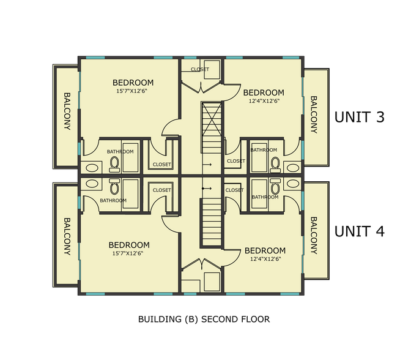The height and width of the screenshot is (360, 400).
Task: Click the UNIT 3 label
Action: (359, 117)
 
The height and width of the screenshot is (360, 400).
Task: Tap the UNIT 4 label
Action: (359, 231)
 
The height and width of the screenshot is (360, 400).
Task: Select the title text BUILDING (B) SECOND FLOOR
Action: (204, 320)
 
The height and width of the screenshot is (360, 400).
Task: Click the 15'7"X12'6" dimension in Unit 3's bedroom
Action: (132, 91)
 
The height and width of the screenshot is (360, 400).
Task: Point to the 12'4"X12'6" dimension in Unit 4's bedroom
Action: (265, 259)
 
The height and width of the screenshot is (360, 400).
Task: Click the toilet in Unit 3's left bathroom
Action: (114, 165)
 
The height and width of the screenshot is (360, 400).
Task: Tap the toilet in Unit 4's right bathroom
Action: (275, 186)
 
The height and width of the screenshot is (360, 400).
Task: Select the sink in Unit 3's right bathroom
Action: (293, 168)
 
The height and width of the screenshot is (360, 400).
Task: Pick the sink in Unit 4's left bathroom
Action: (92, 184)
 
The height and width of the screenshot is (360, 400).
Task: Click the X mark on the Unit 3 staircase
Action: (212, 128)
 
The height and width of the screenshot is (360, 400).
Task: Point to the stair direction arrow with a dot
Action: (207, 189)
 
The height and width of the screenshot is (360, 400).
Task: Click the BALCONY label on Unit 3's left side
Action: (67, 111)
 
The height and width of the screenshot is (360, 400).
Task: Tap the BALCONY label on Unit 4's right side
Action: (314, 235)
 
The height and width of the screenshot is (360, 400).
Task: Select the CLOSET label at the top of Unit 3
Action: (200, 69)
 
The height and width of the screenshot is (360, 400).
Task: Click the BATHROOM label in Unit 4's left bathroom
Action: (113, 200)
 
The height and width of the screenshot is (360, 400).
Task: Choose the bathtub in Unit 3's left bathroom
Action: (130, 157)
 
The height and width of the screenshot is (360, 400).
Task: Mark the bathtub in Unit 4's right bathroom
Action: (259, 193)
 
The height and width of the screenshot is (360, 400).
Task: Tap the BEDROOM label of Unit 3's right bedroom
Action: (264, 92)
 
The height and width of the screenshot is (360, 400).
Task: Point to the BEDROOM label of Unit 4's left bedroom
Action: (129, 245)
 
